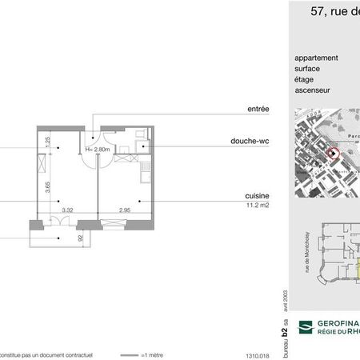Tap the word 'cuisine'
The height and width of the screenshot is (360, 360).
click(256, 195)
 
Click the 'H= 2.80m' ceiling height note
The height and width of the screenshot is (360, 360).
click(98, 149)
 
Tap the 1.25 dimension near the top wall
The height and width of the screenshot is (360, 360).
click(47, 141)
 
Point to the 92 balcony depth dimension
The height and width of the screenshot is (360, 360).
click(79, 237)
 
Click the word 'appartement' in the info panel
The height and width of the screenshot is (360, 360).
click(317, 58)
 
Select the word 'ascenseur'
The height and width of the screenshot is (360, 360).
click(313, 90)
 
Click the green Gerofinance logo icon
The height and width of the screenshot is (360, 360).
click(304, 326)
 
